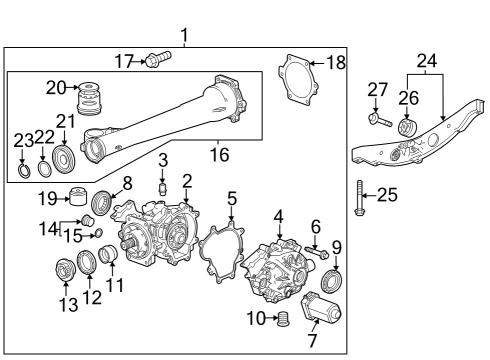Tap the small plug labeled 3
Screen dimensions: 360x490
pyautogui.click(x=162, y=187)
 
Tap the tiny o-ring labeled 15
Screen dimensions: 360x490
pyautogui.click(x=98, y=234)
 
